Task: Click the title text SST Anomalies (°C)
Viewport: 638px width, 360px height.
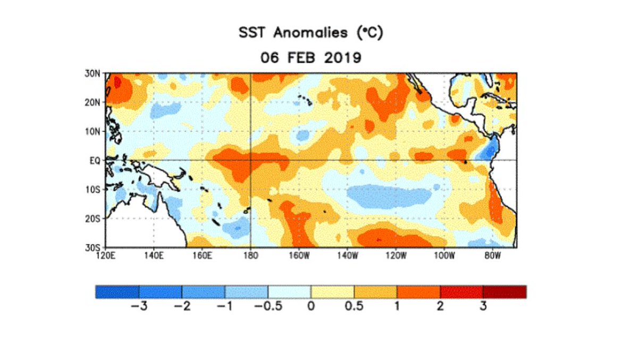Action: (x=311, y=34)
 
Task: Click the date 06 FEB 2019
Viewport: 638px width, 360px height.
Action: (x=311, y=57)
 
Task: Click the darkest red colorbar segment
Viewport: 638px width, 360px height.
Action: (x=505, y=291)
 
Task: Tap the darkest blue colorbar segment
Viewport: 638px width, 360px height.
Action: (x=117, y=291)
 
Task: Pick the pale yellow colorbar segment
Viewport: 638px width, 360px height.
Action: (x=332, y=291)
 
